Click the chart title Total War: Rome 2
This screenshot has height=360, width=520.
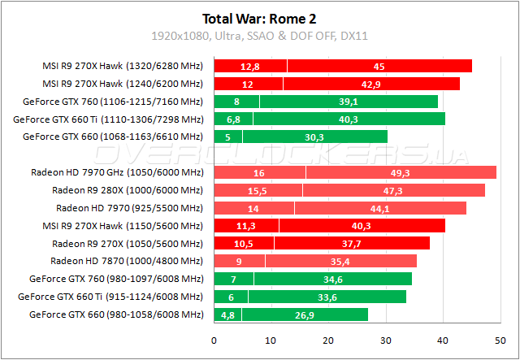(x=259, y=17)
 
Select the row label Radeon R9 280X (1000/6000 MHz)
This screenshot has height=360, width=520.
(x=128, y=190)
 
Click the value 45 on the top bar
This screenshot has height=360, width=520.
(x=379, y=66)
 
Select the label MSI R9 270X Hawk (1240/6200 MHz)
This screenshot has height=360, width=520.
(x=123, y=84)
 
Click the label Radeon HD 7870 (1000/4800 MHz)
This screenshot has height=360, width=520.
(x=127, y=261)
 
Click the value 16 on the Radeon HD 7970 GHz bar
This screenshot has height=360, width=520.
(x=258, y=172)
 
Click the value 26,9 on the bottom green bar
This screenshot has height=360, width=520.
(x=305, y=314)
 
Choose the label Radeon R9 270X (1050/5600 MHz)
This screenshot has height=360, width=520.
(x=128, y=243)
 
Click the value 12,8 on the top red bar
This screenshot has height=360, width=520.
(x=249, y=66)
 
